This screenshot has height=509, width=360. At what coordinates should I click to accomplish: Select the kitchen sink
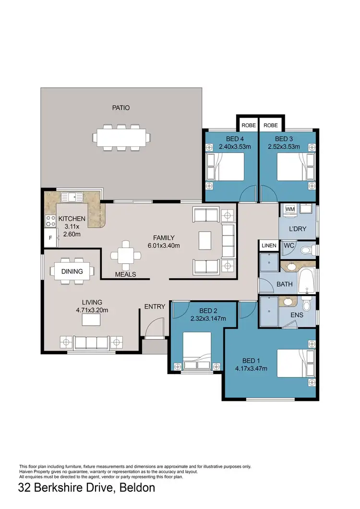coord(72,196)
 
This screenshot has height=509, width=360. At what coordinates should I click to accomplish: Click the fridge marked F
coord(49,237)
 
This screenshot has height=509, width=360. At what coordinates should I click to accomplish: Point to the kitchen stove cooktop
coord(49,221)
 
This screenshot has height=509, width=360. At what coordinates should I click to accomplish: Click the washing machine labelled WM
coord(290,210)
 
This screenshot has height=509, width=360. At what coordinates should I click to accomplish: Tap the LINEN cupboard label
coord(269,246)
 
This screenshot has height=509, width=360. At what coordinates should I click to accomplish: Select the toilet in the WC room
coord(306,250)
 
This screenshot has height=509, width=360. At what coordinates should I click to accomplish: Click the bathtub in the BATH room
coord(307,283)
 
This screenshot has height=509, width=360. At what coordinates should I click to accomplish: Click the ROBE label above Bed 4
coord(248,125)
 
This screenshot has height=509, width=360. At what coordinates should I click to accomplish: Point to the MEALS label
coord(125,274)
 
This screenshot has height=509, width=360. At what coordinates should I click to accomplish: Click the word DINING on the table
coord(72,271)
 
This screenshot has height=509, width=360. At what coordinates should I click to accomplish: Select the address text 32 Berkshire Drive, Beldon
coord(87,488)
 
